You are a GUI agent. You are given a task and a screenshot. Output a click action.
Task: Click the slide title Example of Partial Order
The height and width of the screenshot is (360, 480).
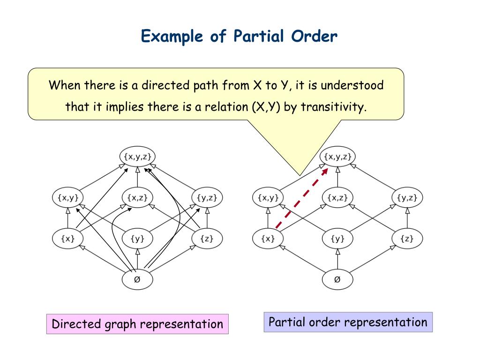click(239, 36)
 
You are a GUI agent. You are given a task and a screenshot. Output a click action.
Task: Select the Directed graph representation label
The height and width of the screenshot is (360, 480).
click(137, 324)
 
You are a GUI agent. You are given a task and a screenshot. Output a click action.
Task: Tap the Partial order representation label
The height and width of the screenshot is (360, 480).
click(348, 322)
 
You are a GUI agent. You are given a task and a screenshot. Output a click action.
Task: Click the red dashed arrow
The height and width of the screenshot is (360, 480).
click(301, 199)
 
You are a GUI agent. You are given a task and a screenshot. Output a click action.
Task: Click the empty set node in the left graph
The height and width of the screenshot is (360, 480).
click(137, 280)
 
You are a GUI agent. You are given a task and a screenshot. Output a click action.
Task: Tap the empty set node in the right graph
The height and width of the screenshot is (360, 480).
click(337, 280)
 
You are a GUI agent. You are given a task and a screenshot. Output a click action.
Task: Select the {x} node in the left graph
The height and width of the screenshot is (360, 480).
click(67, 239)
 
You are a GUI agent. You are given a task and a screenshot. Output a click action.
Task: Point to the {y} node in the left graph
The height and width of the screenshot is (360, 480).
click(137, 239)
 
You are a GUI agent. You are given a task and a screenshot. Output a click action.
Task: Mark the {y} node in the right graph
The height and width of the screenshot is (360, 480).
click(337, 239)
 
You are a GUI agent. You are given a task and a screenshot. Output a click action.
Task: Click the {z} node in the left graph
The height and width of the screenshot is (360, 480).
click(207, 239)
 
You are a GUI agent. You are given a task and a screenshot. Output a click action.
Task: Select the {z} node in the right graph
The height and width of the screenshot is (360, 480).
click(407, 239)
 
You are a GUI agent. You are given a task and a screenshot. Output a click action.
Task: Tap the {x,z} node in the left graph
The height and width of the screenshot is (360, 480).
click(137, 198)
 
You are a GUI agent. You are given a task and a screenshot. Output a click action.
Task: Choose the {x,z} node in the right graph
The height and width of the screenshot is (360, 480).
click(337, 198)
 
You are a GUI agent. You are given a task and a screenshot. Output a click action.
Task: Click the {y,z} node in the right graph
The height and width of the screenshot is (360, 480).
click(407, 198)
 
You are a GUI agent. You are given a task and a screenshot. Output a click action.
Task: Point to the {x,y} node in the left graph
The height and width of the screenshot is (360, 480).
click(67, 198)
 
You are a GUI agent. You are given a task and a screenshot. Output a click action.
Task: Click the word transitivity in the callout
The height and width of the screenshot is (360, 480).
click(333, 107)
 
